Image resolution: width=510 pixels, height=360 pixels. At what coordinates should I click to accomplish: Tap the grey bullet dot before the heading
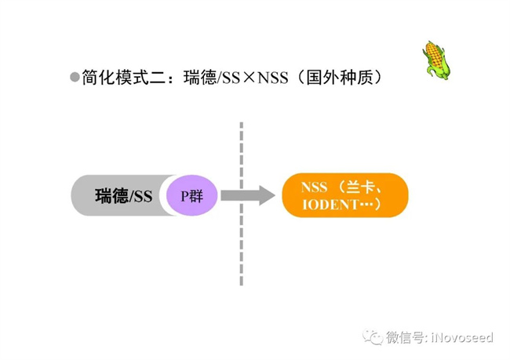(x=75, y=77)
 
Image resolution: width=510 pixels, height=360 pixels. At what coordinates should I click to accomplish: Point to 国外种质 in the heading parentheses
(x=341, y=78)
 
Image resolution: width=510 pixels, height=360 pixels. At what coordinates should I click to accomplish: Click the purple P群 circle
(x=191, y=195)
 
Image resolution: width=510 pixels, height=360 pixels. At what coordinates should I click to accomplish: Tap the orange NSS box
(x=344, y=195)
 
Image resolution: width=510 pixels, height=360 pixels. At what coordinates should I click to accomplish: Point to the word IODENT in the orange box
(x=328, y=205)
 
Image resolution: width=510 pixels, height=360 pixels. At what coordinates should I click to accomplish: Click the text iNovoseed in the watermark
(x=462, y=337)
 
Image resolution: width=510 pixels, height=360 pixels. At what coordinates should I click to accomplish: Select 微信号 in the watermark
(x=405, y=337)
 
